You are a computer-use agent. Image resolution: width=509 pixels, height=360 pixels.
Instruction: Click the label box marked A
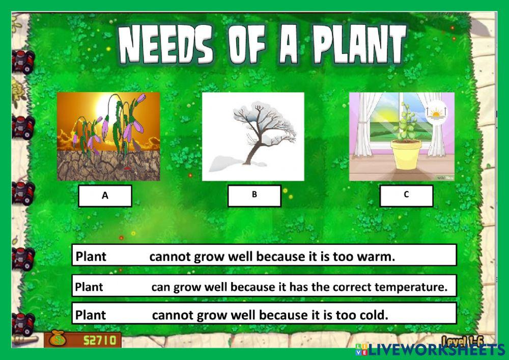tap(105, 196)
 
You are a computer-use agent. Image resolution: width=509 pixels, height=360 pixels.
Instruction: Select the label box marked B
tap(254, 196)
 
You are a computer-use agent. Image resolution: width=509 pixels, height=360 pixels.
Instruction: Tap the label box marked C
tap(406, 196)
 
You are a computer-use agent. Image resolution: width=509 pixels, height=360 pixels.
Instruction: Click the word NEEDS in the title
tap(165, 44)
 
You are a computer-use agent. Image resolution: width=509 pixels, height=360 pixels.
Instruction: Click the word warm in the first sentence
tap(376, 257)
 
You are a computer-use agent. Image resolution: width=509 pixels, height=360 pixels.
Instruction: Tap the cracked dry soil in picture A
tap(108, 165)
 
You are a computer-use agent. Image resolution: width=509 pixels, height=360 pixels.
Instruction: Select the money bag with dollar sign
tap(58, 339)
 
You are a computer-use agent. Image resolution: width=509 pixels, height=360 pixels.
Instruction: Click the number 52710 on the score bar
tap(100, 341)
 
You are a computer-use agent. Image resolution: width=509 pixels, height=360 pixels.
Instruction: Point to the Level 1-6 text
tap(463, 341)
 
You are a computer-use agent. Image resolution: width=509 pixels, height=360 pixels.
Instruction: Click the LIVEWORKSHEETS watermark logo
tap(431, 350)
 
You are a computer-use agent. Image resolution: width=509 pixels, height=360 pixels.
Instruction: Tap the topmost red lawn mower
tap(23, 61)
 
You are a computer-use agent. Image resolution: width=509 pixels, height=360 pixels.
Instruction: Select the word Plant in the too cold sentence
tap(91, 315)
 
